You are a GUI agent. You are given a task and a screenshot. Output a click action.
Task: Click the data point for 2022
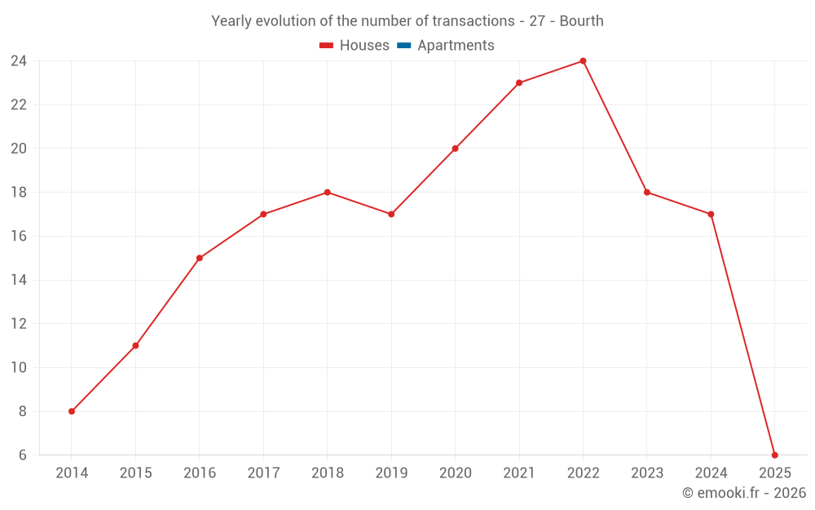583,61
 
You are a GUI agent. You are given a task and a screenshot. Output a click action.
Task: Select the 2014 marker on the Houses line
72,411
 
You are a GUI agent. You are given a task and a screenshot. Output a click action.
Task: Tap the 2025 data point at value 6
774,455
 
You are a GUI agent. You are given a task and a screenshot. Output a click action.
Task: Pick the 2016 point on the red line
200,258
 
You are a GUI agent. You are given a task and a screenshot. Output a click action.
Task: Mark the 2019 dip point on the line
391,215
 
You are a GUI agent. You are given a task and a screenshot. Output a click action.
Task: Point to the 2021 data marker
519,83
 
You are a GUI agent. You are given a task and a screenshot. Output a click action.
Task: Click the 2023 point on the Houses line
647,193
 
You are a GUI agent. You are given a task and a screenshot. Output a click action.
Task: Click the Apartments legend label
456,46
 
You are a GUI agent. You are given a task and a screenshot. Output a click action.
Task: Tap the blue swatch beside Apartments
404,46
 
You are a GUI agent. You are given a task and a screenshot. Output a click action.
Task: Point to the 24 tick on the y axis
19,61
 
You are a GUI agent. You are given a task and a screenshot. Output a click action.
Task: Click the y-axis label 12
19,324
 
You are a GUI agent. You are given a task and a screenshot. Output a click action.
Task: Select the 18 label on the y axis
19,193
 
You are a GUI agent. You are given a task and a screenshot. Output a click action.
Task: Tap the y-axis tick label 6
22,455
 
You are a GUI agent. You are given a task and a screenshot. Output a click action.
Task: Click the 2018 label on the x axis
327,473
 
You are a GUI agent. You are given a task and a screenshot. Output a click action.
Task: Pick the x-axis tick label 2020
455,473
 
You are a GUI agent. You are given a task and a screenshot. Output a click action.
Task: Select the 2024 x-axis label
711,473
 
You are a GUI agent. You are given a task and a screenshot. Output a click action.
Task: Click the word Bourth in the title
581,21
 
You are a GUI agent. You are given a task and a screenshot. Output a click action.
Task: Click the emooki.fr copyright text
743,493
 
